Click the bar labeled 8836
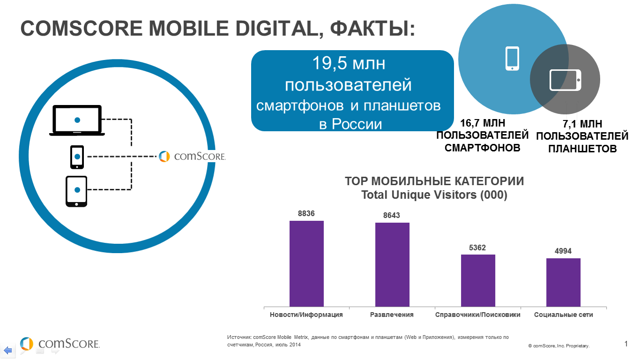[x=306, y=263]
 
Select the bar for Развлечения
[x=392, y=264]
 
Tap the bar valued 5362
[x=478, y=280]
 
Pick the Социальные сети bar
[x=563, y=282]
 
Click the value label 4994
[x=563, y=251]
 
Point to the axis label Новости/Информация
[x=306, y=315]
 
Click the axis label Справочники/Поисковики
[x=478, y=315]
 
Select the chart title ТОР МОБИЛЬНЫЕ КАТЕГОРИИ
[x=434, y=182]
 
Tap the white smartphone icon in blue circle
[x=512, y=59]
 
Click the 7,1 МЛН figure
[x=582, y=124]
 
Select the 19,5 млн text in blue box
[x=349, y=64]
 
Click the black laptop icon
[x=77, y=120]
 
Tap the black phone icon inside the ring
[x=77, y=157]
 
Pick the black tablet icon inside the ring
[x=76, y=191]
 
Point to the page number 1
[x=626, y=344]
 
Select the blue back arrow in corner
[x=8, y=350]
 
